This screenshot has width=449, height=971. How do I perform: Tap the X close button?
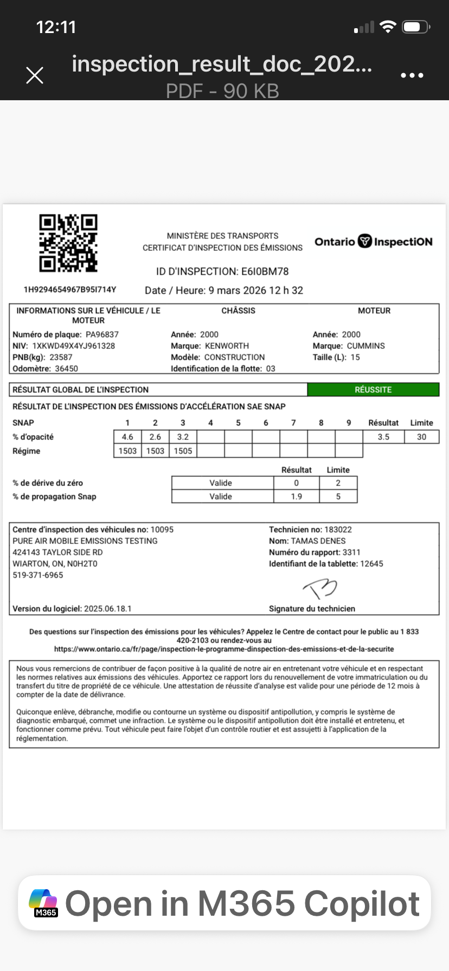(x=35, y=75)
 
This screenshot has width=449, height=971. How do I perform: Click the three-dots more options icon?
(x=412, y=75)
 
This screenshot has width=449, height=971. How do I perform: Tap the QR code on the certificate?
(x=68, y=243)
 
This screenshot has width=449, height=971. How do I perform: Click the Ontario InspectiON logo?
(x=374, y=242)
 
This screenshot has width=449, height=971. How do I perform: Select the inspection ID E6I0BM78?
(x=265, y=271)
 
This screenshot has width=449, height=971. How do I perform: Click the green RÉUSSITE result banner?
(x=373, y=390)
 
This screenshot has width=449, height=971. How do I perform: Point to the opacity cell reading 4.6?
(x=127, y=437)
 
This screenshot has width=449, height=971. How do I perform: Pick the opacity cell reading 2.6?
(x=155, y=437)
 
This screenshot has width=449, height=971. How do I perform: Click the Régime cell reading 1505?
(x=183, y=451)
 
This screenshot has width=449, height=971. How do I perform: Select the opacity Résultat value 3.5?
(x=383, y=437)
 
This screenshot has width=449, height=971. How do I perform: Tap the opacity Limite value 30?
(x=421, y=437)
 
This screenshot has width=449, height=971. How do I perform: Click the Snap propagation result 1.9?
(x=297, y=496)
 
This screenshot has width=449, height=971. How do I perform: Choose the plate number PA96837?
(x=102, y=334)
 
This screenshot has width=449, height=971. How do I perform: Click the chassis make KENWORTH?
(x=227, y=346)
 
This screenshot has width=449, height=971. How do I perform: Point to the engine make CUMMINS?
(x=365, y=346)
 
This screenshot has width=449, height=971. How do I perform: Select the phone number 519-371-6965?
(x=38, y=575)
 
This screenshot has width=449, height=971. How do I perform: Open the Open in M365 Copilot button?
(x=224, y=903)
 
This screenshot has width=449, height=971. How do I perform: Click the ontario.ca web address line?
(x=224, y=649)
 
